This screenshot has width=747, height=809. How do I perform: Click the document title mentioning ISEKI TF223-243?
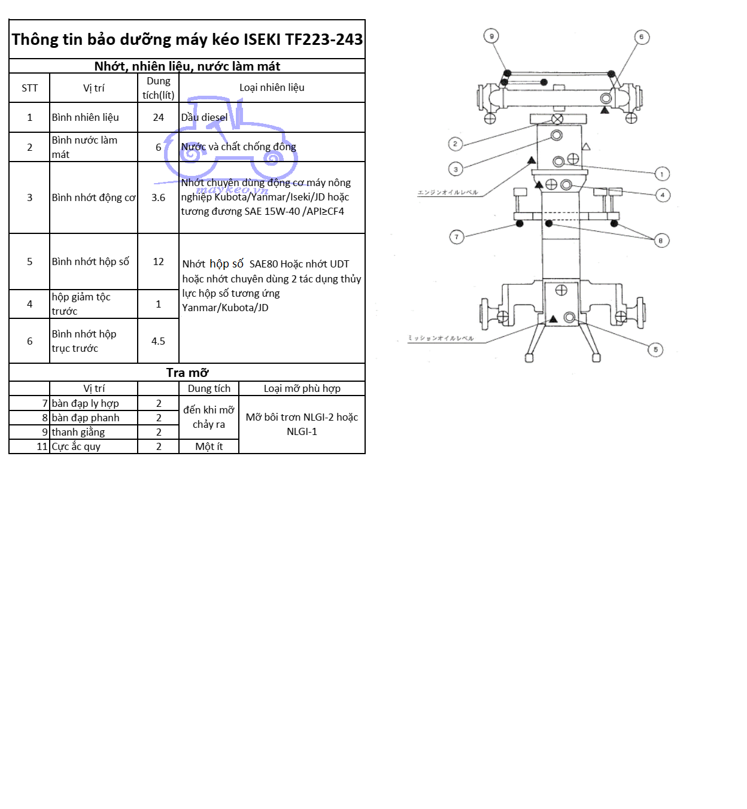[x=187, y=39]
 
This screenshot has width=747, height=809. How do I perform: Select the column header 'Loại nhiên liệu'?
[x=272, y=87]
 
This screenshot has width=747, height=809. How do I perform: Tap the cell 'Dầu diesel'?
[x=205, y=117]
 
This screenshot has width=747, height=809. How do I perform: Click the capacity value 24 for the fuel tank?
[x=158, y=117]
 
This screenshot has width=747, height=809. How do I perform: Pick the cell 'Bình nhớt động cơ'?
[x=93, y=197]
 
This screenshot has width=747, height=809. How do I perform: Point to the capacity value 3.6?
[x=158, y=197]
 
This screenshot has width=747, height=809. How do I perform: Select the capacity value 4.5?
[x=158, y=341]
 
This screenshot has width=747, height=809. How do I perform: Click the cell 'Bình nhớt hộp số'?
[x=90, y=261]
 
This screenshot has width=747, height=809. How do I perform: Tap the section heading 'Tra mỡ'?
[x=187, y=372]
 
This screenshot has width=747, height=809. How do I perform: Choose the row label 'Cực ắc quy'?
[x=76, y=446]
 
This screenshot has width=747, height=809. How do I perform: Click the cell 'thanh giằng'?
[x=78, y=432]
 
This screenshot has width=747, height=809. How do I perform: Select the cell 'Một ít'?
[x=209, y=446]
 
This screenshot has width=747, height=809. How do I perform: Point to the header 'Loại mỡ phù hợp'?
[x=302, y=388]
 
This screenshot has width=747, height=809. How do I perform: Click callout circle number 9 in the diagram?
[x=491, y=37]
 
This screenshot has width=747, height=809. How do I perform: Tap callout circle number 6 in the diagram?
[x=642, y=37]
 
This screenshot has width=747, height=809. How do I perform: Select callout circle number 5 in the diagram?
[x=655, y=349]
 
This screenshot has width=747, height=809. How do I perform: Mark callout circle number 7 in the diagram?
[x=457, y=237]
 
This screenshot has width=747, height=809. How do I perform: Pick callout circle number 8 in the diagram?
[x=661, y=241]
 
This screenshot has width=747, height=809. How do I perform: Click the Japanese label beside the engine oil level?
[x=447, y=193]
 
